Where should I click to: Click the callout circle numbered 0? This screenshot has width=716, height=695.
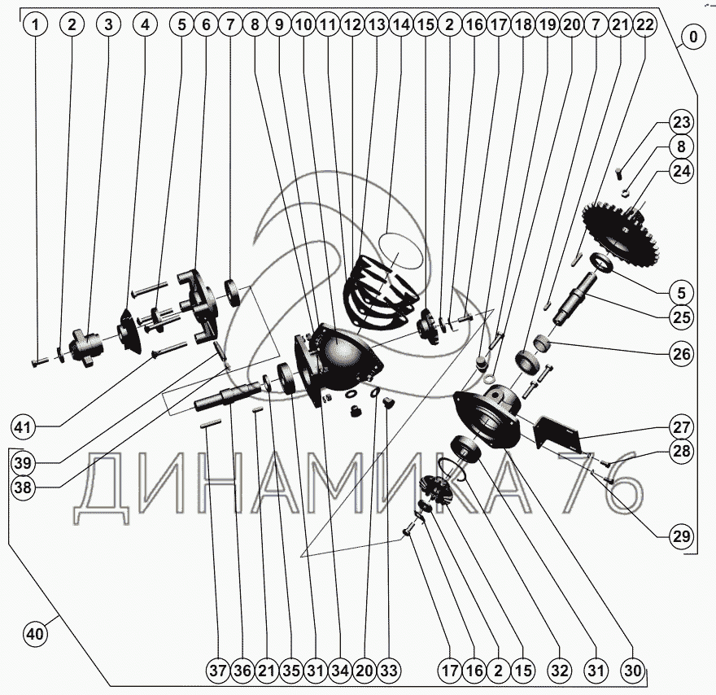pos(693,37)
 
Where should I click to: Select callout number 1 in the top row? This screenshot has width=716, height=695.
pos(35,24)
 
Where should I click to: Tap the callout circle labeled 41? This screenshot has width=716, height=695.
pos(23,427)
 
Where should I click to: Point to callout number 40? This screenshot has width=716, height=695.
pos(35,634)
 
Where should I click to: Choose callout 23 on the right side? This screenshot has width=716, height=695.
pos(681,122)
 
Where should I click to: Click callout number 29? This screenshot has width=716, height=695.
pos(681,535)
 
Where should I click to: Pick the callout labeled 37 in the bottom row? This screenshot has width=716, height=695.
pos(218,671)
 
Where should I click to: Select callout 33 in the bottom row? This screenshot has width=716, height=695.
pos(389,671)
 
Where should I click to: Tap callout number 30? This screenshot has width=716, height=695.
pos(632,671)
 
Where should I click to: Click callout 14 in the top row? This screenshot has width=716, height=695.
pos(401,24)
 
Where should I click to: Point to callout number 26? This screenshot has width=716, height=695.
pos(681,354)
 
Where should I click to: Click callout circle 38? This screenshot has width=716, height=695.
pos(23,487)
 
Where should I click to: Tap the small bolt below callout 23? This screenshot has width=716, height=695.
pos(619,174)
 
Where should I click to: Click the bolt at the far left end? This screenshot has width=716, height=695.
pos(40,362)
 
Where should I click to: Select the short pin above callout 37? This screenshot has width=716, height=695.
pos(211,423)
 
